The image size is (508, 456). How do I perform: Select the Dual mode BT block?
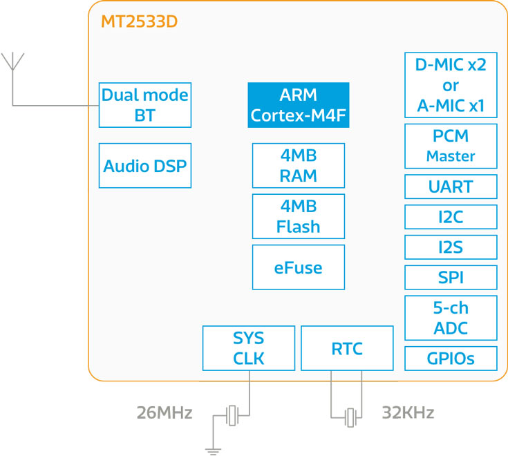(144, 105)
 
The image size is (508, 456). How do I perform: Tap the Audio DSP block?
(144, 166)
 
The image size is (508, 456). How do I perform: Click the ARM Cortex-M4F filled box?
(298, 105)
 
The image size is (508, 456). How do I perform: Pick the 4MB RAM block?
(298, 166)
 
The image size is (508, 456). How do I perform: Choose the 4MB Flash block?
(298, 216)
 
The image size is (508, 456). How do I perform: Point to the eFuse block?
(298, 267)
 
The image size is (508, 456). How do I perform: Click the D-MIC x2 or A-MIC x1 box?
(450, 85)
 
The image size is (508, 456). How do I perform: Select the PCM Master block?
(450, 146)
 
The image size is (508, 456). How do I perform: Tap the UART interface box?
(450, 187)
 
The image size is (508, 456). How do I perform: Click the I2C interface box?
(450, 217)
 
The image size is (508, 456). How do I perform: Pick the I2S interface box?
(450, 247)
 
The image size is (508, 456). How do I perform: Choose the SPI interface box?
(450, 278)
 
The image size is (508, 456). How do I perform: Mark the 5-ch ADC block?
(450, 318)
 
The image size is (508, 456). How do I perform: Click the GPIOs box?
(450, 359)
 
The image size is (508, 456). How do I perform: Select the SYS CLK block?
(248, 348)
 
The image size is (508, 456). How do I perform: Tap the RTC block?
(347, 348)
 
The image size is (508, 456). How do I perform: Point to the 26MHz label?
(164, 413)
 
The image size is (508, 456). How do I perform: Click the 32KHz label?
(408, 413)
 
